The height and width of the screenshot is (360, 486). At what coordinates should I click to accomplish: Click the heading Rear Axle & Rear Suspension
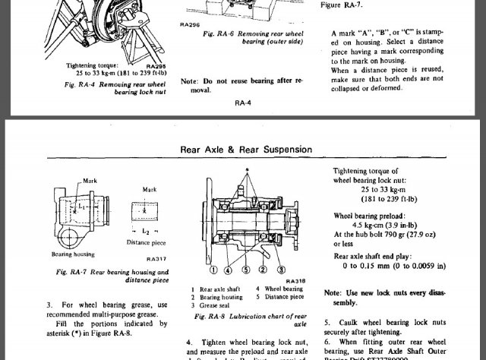coord(246,150)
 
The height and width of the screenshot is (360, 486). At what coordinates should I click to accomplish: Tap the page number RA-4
coord(243,103)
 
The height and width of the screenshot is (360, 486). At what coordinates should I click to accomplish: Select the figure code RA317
coord(156,259)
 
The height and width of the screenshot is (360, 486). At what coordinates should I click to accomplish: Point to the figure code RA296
coord(189,25)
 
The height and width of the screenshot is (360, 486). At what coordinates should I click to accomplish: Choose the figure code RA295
coord(156,67)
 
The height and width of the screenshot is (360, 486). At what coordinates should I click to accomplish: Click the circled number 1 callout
coord(214,270)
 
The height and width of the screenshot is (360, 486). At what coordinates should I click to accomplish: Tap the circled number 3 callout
coord(280,270)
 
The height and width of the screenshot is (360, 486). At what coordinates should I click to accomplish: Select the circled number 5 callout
coord(246,270)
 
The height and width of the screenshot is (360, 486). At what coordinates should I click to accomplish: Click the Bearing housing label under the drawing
coord(73,254)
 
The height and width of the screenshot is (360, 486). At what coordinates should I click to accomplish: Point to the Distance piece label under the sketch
coord(146,243)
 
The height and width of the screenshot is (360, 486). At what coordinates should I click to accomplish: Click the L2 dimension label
coord(146,230)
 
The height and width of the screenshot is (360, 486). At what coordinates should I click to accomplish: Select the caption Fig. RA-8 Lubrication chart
coord(250,320)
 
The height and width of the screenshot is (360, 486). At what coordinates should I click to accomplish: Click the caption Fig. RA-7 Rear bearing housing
coord(112,276)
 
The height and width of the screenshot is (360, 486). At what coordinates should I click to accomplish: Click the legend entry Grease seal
coord(216,305)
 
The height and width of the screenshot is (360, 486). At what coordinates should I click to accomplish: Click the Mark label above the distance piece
coord(150,190)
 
